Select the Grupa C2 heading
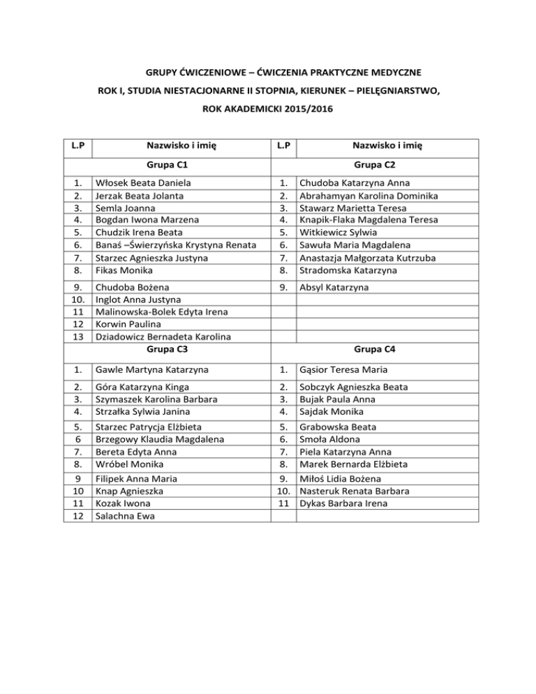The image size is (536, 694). pos(375,165)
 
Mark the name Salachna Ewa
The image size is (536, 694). pos(125,517)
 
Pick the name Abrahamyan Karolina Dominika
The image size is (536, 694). pos(368,195)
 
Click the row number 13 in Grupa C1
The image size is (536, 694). pos(79,337)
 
